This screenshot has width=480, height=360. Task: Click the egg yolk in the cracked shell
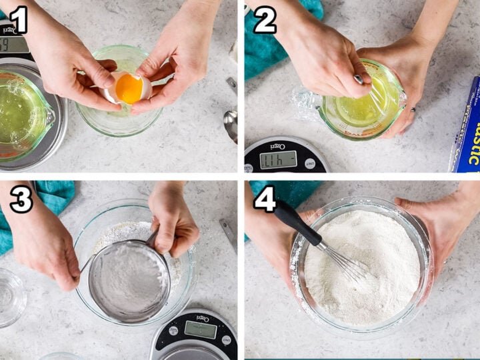(x=129, y=89)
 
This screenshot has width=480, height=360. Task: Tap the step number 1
(x=18, y=20)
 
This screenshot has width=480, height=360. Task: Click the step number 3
(x=21, y=199)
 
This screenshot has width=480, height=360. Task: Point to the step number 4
(x=265, y=199)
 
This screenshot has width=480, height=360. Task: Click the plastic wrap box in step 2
(x=467, y=127)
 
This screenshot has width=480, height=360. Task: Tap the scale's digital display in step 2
(x=278, y=159)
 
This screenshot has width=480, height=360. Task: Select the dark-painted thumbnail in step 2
(x=358, y=79)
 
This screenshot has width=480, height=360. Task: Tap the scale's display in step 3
(x=199, y=329)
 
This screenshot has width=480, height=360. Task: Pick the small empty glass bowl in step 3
(x=10, y=297)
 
